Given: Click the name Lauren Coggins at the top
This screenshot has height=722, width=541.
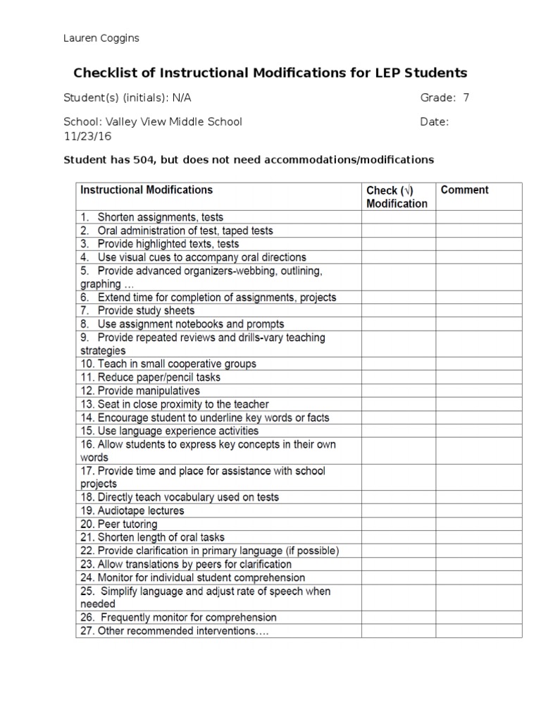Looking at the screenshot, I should tap(101, 38).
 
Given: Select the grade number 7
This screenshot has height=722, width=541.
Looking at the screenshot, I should tap(466, 98).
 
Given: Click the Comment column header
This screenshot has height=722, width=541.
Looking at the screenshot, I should tap(464, 190).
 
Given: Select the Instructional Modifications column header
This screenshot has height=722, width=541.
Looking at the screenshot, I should tap(147, 190).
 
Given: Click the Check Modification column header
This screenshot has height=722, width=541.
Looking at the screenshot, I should tap(397, 197).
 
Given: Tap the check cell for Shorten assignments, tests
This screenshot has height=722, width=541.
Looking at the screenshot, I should tap(398, 217).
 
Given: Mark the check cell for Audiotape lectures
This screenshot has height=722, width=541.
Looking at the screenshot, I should tap(398, 510).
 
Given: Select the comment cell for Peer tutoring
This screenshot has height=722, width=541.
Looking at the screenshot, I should tap(478, 524).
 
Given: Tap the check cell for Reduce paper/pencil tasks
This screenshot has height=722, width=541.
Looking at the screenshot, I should tap(398, 377).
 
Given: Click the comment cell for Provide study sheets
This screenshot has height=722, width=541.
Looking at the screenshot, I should tap(478, 310).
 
